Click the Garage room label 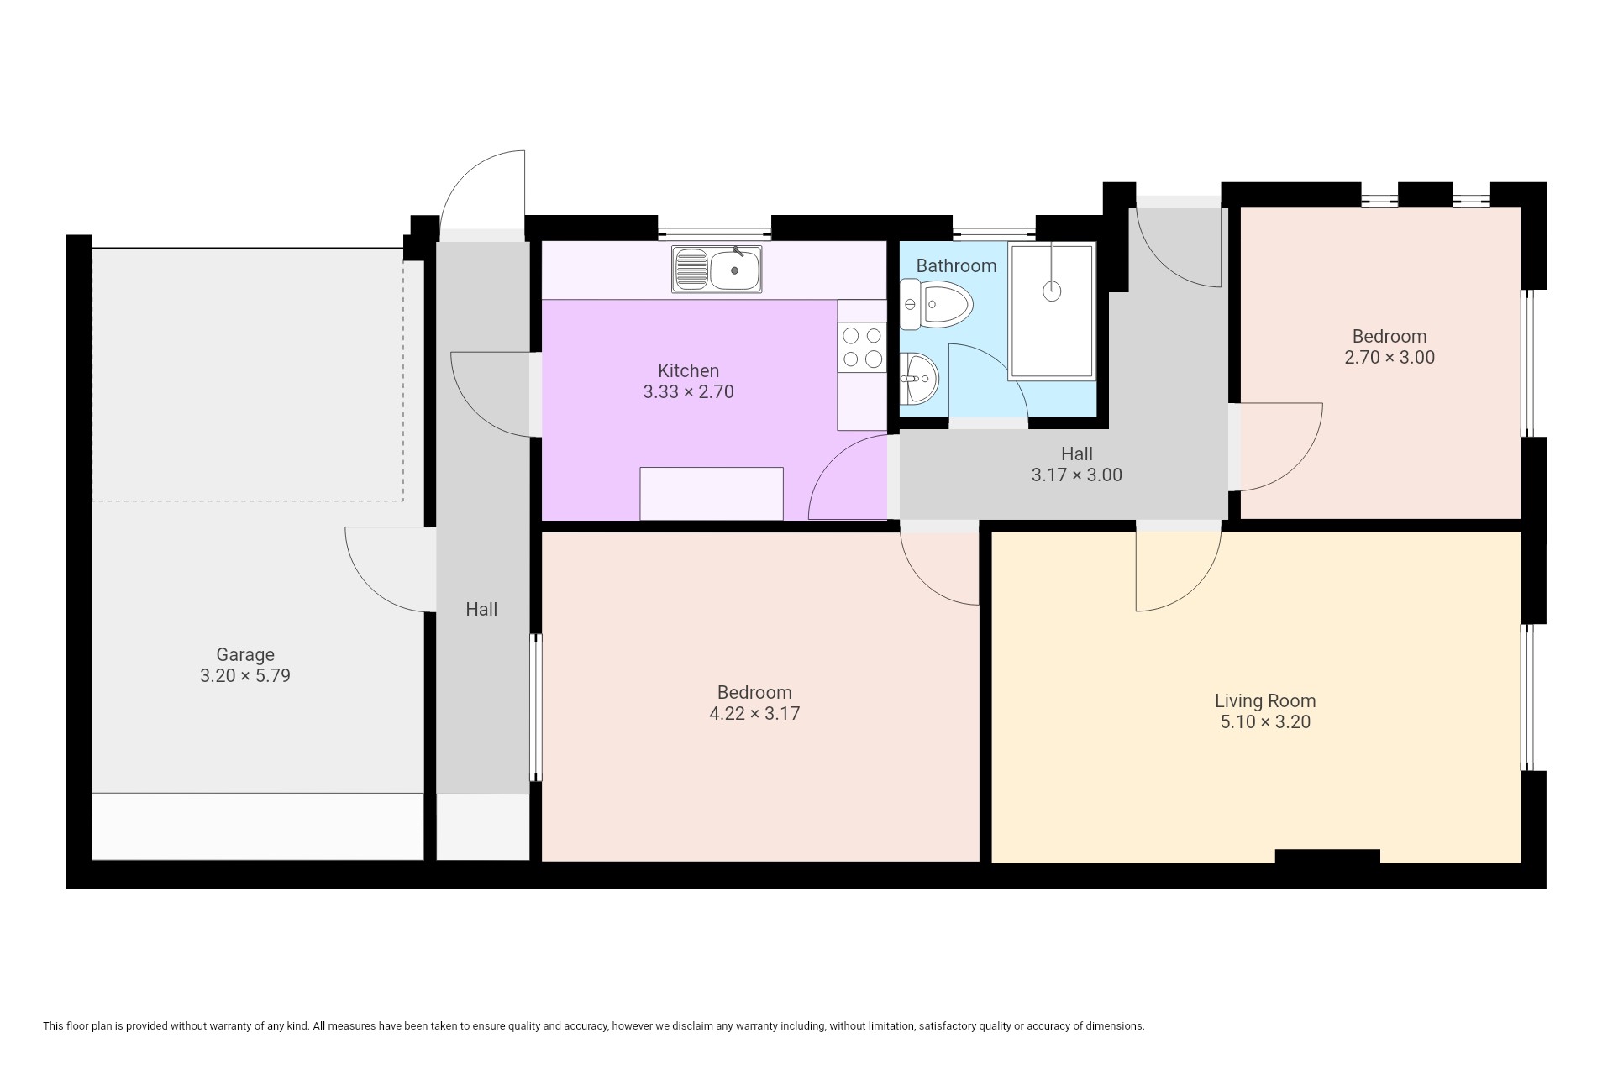tap(245, 654)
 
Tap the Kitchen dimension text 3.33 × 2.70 tap(688, 391)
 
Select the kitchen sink tap(717, 270)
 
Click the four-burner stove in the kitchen tap(862, 348)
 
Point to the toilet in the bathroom tap(935, 305)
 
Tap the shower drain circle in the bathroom tap(1052, 291)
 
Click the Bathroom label tap(956, 265)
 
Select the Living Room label tap(1265, 700)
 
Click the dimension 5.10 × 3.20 tap(1265, 721)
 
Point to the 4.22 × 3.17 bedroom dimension tap(754, 713)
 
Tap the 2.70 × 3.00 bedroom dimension tap(1390, 357)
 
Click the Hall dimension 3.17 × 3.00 tap(1077, 475)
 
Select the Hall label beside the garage tap(481, 609)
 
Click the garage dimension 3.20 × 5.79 tap(245, 675)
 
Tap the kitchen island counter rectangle tap(712, 494)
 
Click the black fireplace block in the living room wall tap(1327, 857)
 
